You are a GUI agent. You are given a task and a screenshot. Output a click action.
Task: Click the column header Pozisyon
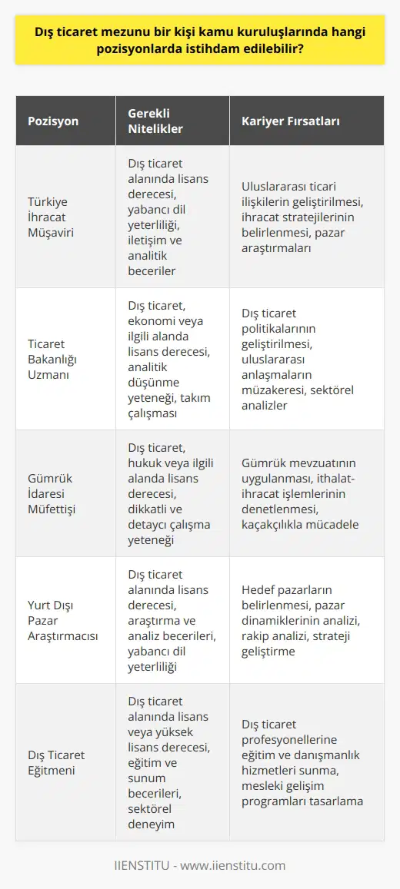tap(53, 121)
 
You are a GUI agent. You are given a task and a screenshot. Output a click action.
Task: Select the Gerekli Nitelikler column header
tap(155, 121)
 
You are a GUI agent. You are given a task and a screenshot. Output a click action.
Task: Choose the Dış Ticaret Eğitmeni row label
tap(57, 747)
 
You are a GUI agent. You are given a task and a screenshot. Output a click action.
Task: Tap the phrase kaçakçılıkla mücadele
tap(308, 526)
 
